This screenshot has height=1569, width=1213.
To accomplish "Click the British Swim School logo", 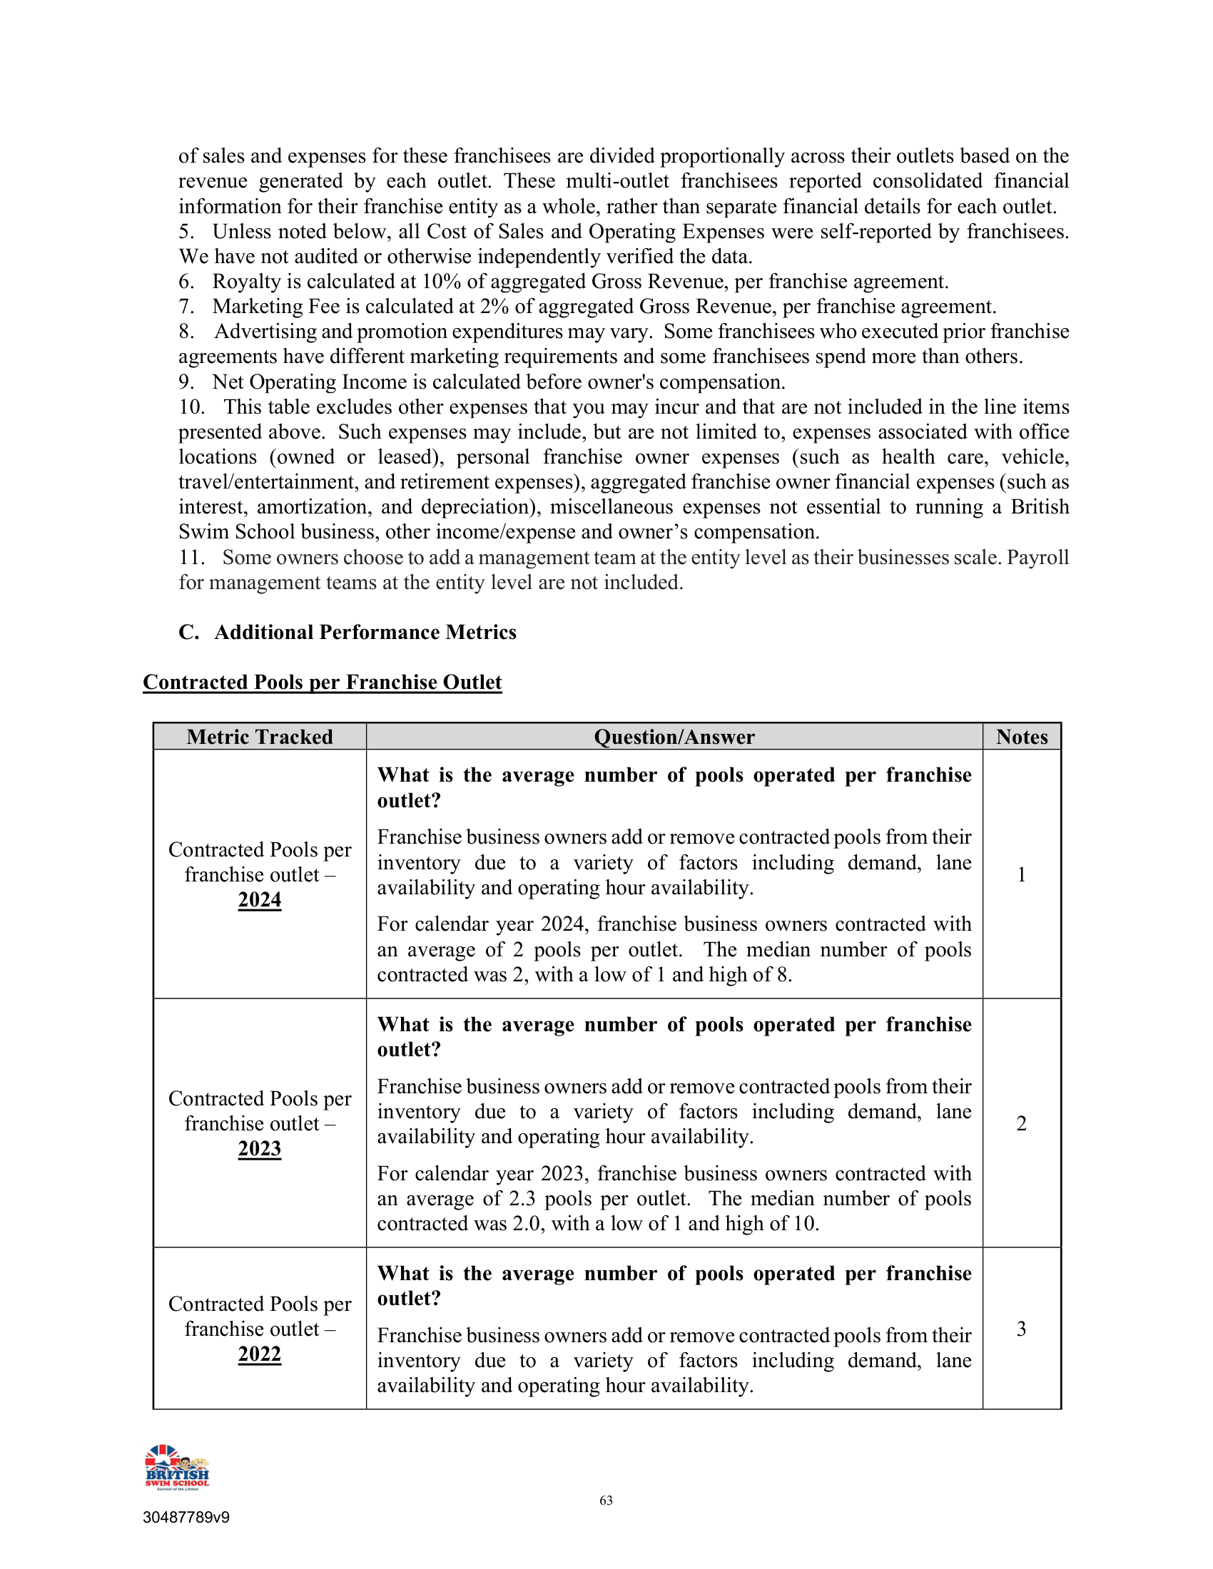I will click(x=177, y=1467).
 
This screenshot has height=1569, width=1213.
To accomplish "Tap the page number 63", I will click(x=606, y=1500).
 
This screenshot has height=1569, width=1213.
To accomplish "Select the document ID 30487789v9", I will click(x=186, y=1517).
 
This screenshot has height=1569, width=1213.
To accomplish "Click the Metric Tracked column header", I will click(x=260, y=737).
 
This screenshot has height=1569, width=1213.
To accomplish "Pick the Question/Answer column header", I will click(x=674, y=737).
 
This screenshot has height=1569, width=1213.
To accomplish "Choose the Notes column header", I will click(x=1021, y=737).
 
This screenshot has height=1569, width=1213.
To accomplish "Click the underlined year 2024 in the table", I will click(x=260, y=900).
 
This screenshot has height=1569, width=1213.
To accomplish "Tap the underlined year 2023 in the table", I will click(x=260, y=1149).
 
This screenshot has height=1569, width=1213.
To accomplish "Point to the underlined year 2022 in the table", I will click(x=260, y=1354).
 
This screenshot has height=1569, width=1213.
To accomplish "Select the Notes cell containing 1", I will click(x=1021, y=874).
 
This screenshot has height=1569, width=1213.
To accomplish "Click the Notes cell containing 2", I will click(x=1021, y=1123).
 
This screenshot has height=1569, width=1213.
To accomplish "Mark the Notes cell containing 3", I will click(x=1021, y=1329).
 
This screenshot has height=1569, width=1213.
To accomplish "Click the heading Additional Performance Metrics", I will click(x=365, y=632).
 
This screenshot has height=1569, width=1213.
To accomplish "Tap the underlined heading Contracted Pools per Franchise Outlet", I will click(x=322, y=683).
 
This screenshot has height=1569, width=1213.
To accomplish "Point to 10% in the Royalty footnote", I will click(x=441, y=282).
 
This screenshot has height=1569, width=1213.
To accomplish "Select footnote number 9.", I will click(x=186, y=382).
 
